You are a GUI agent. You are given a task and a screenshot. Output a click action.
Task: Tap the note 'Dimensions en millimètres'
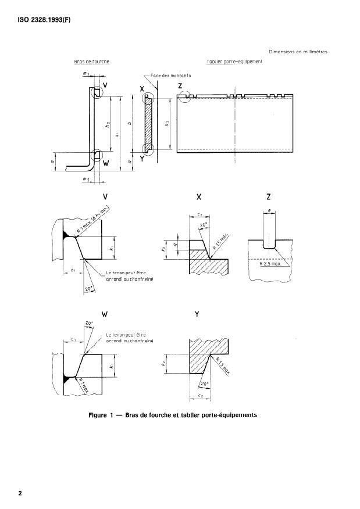tap(298, 52)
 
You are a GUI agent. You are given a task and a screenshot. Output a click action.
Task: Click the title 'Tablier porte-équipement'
tap(235, 61)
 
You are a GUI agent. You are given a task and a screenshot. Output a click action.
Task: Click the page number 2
tap(20, 493)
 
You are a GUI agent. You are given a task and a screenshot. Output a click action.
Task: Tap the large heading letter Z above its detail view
tap(269, 197)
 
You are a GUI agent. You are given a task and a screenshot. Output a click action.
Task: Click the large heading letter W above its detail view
tap(105, 314)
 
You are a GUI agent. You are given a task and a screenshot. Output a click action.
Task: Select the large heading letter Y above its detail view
tap(197, 314)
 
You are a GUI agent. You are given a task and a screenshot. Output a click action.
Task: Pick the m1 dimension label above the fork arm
tap(87, 74)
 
